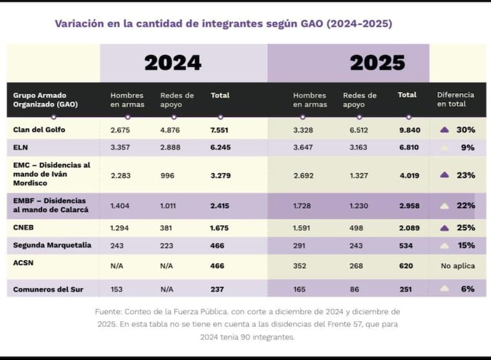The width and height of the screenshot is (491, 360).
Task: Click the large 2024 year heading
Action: pos(172,63)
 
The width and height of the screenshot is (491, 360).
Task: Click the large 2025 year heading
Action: pos(377,63)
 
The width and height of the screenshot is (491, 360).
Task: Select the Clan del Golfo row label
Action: pos(39,130)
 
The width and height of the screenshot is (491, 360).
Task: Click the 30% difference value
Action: pos(465,130)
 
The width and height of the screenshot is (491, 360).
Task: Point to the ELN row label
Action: pos(21,147)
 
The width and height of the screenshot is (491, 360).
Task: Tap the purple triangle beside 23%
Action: pos(444,175)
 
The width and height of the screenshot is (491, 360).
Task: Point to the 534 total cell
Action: pos(406,246)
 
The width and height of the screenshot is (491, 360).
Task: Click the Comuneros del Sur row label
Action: pos(47,289)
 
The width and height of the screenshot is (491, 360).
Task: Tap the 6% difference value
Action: pos(468,289)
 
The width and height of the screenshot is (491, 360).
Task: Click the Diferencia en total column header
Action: pos(455,100)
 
